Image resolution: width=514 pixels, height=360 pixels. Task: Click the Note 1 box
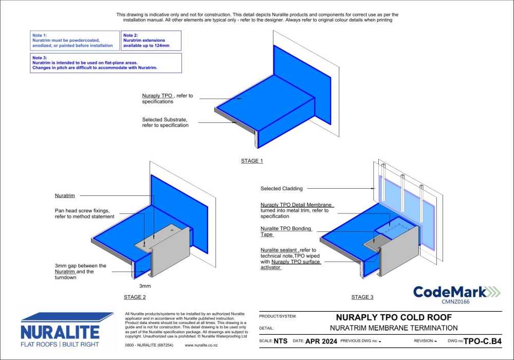pos(75,41)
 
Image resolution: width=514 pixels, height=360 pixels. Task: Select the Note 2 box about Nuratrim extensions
pos(151,41)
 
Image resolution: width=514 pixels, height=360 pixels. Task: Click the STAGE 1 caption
pos(252,161)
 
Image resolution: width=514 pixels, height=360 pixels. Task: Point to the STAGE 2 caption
pos(135,297)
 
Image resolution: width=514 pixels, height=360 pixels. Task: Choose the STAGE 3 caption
pos(362,297)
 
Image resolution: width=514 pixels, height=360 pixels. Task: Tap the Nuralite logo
pos(65,330)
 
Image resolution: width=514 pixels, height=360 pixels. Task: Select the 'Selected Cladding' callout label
pos(282,189)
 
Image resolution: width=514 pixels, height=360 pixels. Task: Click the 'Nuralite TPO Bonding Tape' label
pos(286,231)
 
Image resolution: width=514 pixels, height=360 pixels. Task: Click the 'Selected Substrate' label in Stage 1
pos(165,122)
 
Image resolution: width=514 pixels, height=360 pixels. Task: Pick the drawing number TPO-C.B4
pos(482,341)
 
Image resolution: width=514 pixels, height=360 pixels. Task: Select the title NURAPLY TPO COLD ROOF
pos(393,317)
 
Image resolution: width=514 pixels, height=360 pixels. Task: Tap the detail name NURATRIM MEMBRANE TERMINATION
pos(393,328)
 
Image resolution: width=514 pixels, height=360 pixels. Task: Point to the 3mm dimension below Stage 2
pos(145,286)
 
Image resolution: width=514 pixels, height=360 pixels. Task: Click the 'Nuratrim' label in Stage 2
pos(65,196)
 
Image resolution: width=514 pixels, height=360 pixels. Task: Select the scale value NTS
pos(281,341)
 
